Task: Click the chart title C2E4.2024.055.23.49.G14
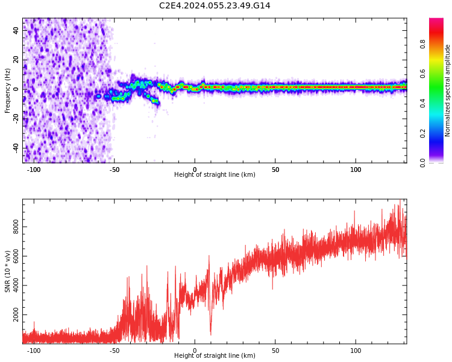pyautogui.click(x=215, y=5)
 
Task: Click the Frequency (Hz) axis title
pyautogui.click(x=8, y=91)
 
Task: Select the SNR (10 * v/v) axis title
pyautogui.click(x=8, y=271)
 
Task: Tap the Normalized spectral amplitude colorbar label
pyautogui.click(x=448, y=91)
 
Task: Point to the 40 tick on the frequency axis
pyautogui.click(x=16, y=30)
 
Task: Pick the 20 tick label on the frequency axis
pyautogui.click(x=16, y=60)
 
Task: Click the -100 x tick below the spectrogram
pyautogui.click(x=34, y=170)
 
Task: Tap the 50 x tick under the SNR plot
pyautogui.click(x=275, y=351)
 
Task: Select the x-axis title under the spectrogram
pyautogui.click(x=215, y=175)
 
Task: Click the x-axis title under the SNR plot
pyautogui.click(x=215, y=356)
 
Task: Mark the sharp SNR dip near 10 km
pyautogui.click(x=210, y=334)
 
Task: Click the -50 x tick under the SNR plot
pyautogui.click(x=115, y=351)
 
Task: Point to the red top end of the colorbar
pyautogui.click(x=436, y=21)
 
